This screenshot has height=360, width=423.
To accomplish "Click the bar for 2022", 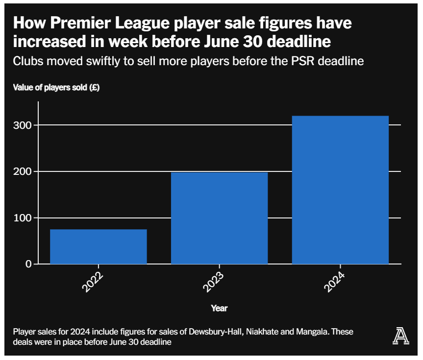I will pyautogui.click(x=98, y=246).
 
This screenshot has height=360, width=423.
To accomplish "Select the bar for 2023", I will pyautogui.click(x=219, y=218).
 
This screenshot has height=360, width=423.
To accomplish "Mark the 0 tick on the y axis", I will pyautogui.click(x=28, y=264).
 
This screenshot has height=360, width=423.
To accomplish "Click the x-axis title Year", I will pyautogui.click(x=219, y=308).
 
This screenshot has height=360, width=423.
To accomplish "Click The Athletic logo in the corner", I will pyautogui.click(x=400, y=336).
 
